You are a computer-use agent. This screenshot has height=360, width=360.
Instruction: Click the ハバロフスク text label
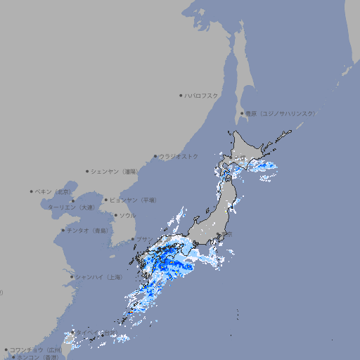tap(202, 95)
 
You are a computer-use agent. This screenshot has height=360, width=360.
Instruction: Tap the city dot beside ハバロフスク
tap(181, 95)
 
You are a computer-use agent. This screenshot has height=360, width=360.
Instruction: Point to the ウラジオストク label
tap(179, 156)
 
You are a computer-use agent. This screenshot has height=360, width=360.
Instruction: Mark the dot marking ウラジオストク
tap(155, 156)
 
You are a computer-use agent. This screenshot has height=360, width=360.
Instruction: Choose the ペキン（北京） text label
tap(54, 191)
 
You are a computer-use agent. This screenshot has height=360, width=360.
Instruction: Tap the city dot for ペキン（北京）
tap(32, 191)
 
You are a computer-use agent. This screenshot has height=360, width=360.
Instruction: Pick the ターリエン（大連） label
tap(71, 207)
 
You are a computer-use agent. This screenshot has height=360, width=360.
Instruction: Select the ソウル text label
tap(127, 215)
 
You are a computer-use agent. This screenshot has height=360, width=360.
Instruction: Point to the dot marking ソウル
tap(115, 215)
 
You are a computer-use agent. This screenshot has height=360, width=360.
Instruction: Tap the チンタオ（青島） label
tap(88, 230)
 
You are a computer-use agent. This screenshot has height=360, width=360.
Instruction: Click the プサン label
tap(145, 240)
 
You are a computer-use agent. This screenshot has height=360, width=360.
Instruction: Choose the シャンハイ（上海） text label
tap(99, 277)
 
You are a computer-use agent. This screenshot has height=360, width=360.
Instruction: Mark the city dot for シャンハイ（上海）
tap(72, 277)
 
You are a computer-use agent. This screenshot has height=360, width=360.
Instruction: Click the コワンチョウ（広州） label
tap(35, 349)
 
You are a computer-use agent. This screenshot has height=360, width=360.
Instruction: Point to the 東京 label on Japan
tap(227, 234)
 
